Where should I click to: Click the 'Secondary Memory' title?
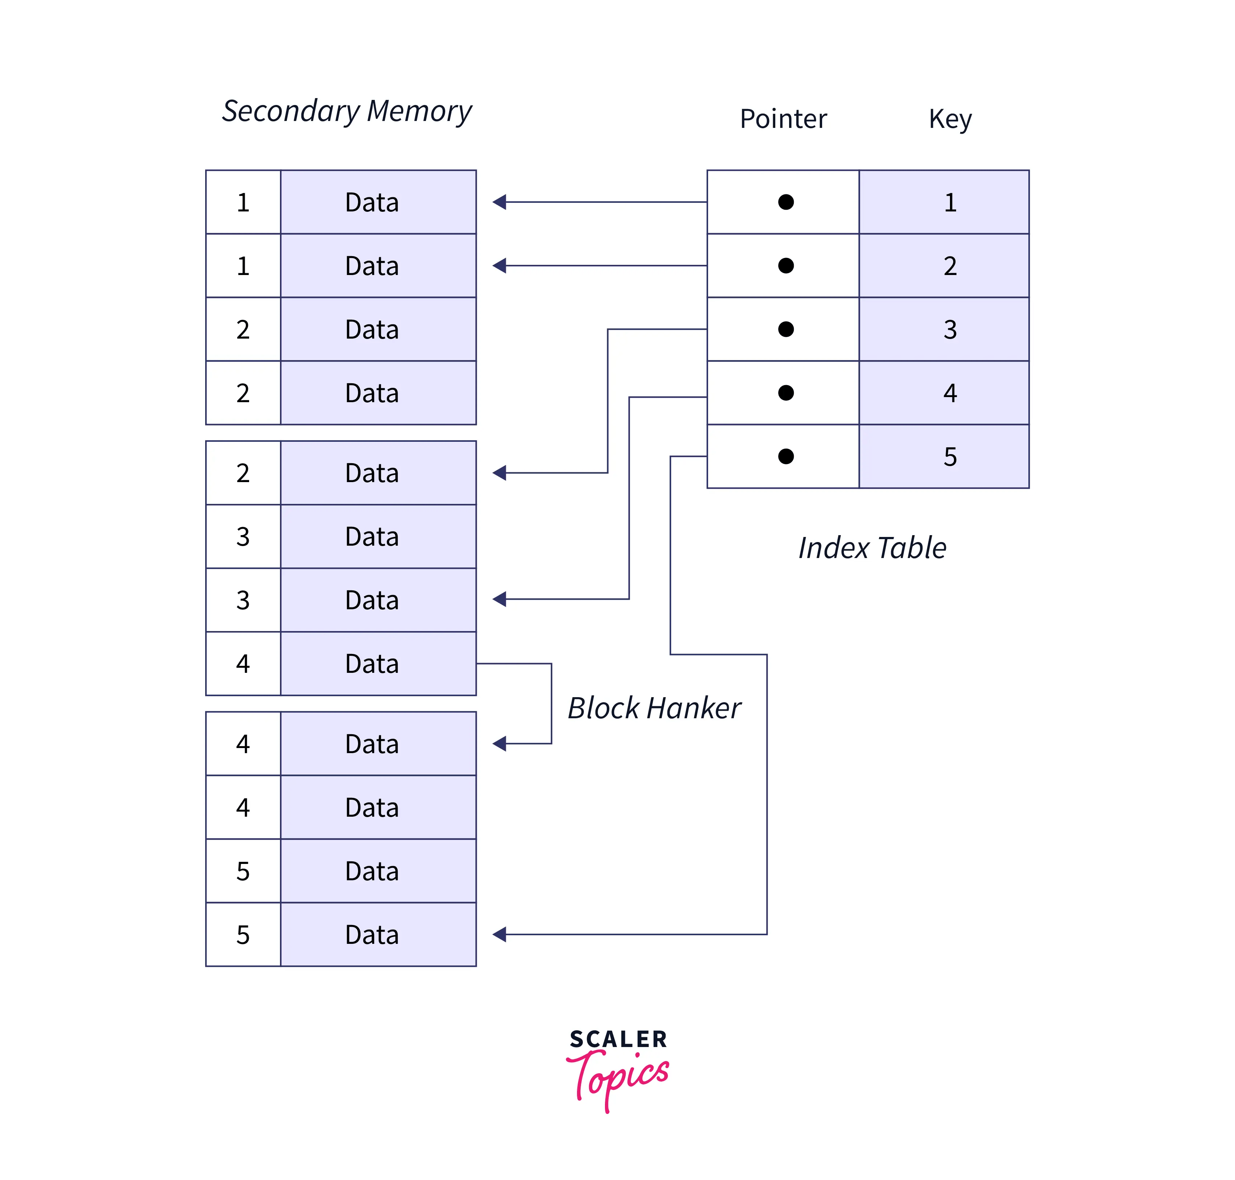[346, 111]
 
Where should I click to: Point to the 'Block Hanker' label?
[654, 708]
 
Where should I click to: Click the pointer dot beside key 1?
[785, 202]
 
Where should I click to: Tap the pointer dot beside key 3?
[785, 329]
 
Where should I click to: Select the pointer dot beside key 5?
[785, 456]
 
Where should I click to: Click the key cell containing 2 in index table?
[943, 266]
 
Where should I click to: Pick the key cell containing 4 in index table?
[943, 392]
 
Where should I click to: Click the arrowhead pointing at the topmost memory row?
[499, 202]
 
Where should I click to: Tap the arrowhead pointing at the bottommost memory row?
[499, 934]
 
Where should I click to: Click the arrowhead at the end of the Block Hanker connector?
[499, 743]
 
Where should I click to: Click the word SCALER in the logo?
[618, 1039]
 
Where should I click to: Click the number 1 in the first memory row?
[243, 202]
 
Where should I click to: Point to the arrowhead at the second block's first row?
[499, 472]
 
